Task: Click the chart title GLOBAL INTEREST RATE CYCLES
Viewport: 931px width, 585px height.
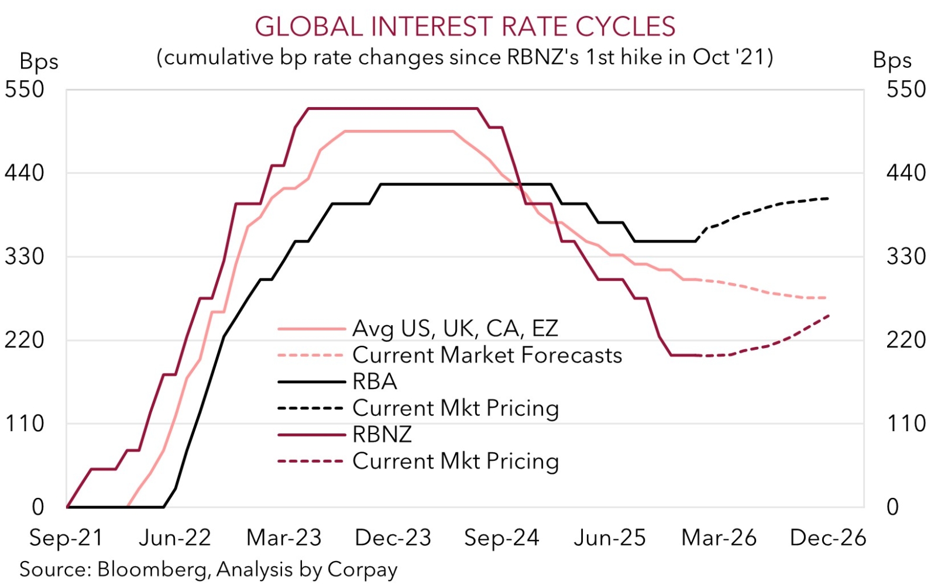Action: (465, 27)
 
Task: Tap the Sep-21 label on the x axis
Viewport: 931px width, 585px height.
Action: (66, 538)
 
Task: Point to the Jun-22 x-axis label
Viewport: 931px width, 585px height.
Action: (174, 538)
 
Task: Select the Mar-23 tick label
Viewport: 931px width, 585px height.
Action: (284, 538)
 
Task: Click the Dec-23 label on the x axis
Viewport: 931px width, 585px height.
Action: (393, 538)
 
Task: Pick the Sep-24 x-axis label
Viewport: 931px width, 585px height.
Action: (501, 538)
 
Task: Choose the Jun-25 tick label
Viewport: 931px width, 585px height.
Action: (610, 538)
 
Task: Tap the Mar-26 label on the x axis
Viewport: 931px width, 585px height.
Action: (719, 538)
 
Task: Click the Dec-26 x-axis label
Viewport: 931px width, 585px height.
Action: (827, 538)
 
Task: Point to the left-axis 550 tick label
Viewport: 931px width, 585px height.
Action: (25, 90)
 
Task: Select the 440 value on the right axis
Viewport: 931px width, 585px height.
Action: (906, 173)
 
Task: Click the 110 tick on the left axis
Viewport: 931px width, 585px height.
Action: (25, 424)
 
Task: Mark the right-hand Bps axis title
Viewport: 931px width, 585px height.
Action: (892, 60)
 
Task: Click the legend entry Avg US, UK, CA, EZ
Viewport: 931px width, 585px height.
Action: (455, 329)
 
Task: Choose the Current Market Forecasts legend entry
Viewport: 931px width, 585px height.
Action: (487, 355)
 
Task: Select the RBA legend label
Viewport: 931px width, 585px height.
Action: (375, 381)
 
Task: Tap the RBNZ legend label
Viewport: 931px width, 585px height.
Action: (382, 434)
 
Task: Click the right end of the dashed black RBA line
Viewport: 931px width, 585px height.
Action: (829, 199)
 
